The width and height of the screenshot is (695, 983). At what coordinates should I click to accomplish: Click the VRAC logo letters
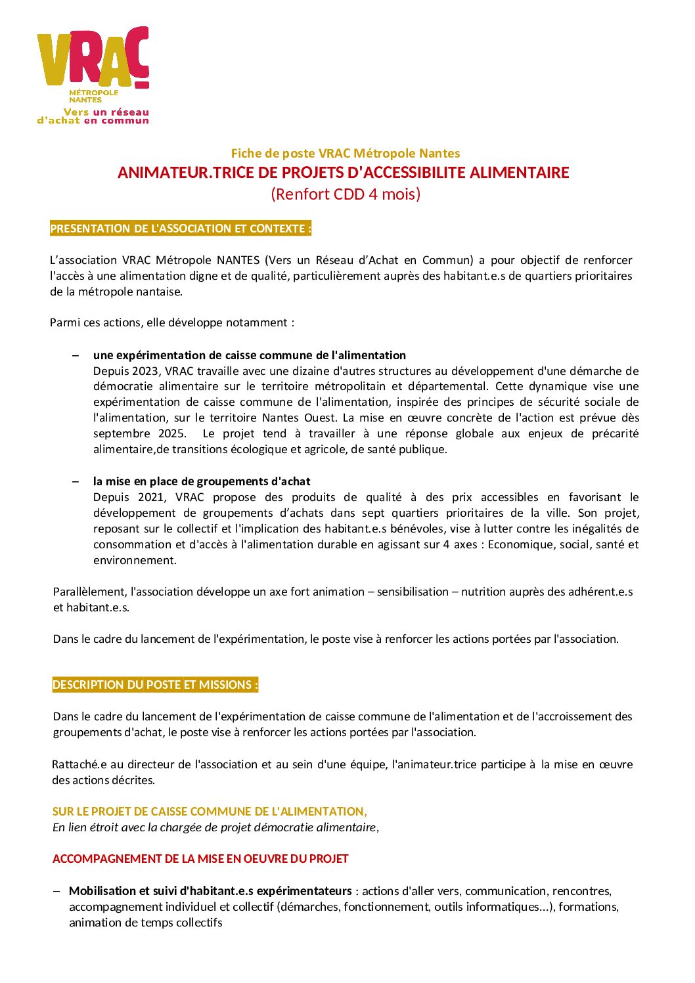pos(92,58)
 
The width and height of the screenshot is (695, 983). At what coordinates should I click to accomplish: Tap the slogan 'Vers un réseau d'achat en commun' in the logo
pos(93,116)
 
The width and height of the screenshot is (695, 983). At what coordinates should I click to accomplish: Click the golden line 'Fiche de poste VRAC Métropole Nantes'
pos(345,153)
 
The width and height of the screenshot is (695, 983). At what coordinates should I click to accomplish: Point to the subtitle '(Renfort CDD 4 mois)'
pos(346,194)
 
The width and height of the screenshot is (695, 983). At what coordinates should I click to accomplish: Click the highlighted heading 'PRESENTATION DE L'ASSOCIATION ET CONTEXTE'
pos(180,229)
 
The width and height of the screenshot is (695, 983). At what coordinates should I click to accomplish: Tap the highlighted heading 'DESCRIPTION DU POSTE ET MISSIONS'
pos(155,685)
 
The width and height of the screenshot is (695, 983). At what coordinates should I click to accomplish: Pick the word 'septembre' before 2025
pos(122,433)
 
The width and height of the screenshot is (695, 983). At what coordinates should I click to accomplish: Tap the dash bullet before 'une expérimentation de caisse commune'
pos(76,355)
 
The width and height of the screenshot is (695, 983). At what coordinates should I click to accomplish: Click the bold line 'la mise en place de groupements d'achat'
pos(202,481)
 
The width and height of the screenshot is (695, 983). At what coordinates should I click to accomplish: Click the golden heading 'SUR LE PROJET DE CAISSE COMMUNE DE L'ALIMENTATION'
pos(210,812)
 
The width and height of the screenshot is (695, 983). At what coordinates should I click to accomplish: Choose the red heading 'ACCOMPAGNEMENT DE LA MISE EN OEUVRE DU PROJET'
pos(200,859)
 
